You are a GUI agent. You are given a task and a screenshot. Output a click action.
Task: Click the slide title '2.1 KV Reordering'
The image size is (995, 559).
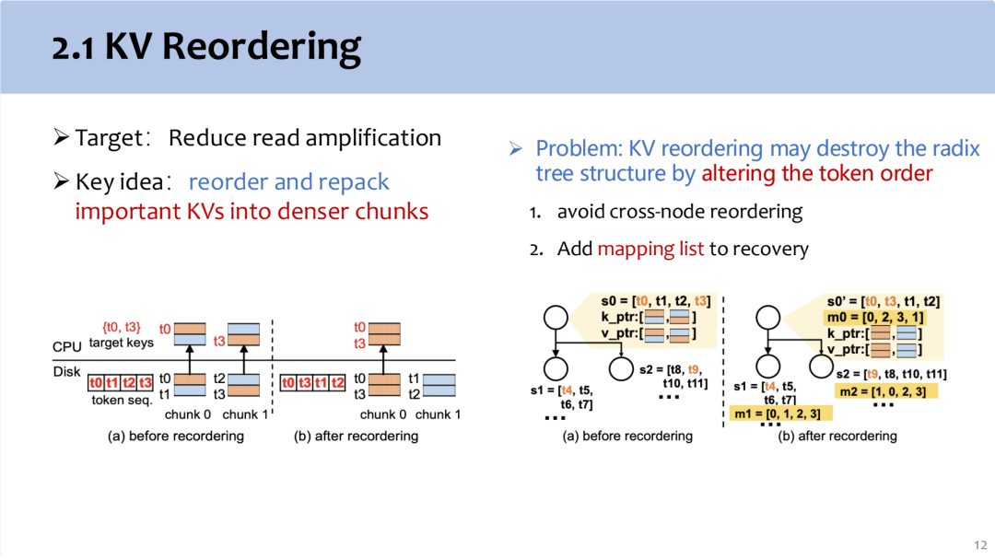(206, 48)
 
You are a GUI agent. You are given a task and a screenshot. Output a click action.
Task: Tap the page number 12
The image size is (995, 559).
(980, 545)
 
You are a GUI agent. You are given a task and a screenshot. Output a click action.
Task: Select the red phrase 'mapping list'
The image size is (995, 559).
(650, 249)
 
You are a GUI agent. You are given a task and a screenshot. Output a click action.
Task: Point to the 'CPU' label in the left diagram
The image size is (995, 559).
(66, 346)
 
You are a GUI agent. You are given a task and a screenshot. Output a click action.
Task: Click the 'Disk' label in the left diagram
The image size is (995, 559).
(66, 372)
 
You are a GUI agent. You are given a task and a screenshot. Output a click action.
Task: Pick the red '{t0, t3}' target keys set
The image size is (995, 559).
(122, 328)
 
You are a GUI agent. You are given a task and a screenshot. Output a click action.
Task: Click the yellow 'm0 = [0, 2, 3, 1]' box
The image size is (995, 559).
(875, 317)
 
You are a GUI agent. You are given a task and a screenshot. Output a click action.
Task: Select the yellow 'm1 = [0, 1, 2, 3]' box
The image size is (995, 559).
(778, 413)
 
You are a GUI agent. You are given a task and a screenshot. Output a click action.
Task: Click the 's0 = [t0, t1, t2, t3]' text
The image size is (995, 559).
(656, 301)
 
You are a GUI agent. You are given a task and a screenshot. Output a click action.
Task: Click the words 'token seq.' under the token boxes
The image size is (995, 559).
(122, 401)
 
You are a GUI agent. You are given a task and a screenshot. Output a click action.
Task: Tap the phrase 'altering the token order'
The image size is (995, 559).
(816, 173)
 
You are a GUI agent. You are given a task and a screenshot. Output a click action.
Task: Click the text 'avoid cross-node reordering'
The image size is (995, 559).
(680, 211)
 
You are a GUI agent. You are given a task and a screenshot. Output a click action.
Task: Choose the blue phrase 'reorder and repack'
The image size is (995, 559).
(288, 182)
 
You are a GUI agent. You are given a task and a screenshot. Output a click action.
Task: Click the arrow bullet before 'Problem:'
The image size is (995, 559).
(515, 148)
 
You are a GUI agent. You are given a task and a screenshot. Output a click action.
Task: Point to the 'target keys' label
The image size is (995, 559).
(122, 343)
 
